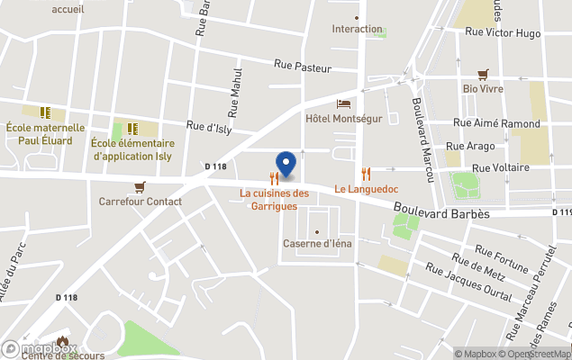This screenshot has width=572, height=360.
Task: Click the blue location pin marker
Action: [x=286, y=164]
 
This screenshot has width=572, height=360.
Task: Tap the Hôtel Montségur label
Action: [x=344, y=119]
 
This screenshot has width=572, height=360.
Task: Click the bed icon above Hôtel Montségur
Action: [x=343, y=104]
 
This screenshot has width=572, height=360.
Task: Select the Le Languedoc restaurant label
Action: [x=366, y=189]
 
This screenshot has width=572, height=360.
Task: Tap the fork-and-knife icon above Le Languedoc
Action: [x=366, y=174]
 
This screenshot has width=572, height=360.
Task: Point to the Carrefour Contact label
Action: [x=140, y=202]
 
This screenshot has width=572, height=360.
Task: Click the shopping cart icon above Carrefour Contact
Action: [x=139, y=187]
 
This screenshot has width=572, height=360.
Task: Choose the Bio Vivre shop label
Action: [x=483, y=88]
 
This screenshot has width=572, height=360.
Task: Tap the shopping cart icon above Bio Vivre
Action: [x=483, y=74]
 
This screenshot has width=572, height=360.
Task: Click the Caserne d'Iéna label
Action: [x=318, y=244]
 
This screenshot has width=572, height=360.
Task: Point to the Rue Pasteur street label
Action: [x=302, y=67]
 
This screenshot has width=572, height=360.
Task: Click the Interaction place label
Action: [x=357, y=29]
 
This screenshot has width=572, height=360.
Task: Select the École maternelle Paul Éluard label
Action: [x=45, y=134]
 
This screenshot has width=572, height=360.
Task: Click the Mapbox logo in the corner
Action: [x=36, y=348]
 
